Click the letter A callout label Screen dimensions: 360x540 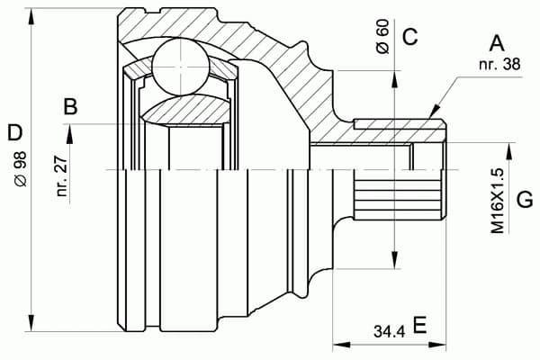pyautogui.click(x=495, y=42)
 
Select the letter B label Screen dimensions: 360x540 pyautogui.click(x=69, y=108)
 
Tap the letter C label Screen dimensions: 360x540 pyautogui.click(x=409, y=37)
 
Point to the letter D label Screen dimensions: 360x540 pyautogui.click(x=14, y=135)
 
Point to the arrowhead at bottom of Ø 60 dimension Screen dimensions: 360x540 pyautogui.click(x=394, y=260)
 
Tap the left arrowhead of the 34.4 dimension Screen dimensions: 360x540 pyautogui.click(x=337, y=343)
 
